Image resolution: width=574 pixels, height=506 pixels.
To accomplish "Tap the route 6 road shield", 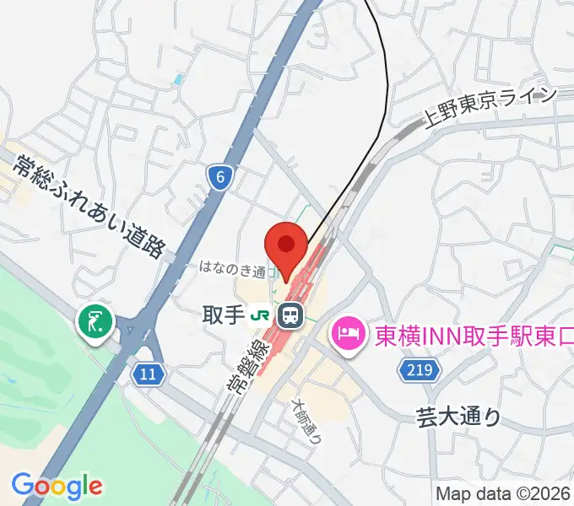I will (x=219, y=176).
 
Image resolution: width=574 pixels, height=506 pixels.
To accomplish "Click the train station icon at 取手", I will (x=291, y=316).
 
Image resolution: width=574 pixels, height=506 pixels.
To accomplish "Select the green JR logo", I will (x=262, y=316).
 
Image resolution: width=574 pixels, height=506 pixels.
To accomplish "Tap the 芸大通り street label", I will (x=458, y=416).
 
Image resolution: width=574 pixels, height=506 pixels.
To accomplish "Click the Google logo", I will (x=57, y=486).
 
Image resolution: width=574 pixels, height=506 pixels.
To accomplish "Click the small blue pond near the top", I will (x=177, y=80).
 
